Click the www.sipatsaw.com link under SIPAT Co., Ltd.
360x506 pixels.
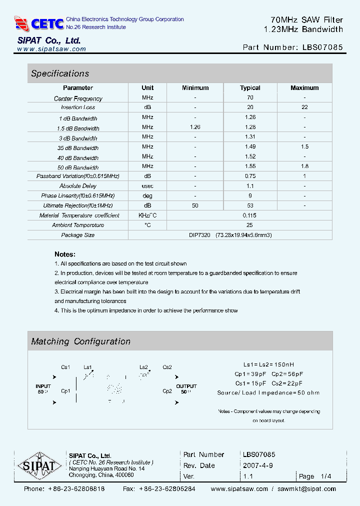[x=51, y=49]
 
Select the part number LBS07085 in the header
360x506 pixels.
[x=322, y=48]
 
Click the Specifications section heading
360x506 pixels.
[x=60, y=73]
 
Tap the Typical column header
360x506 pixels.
[x=250, y=88]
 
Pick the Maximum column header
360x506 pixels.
[x=304, y=88]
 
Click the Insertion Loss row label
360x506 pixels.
[x=78, y=107]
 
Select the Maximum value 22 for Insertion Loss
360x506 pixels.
[x=304, y=107]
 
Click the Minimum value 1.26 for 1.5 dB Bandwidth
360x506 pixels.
[x=195, y=127]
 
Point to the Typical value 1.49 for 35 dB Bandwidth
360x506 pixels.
[x=250, y=147]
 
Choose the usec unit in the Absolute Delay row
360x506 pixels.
[x=147, y=186]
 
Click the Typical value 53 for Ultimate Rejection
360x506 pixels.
[x=250, y=205]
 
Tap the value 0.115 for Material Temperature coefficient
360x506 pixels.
[x=250, y=215]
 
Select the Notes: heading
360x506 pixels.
[x=65, y=254]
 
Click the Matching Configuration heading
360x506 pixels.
[x=80, y=341]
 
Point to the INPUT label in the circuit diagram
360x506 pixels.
[x=43, y=386]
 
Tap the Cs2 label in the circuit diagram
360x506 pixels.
[x=167, y=367]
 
